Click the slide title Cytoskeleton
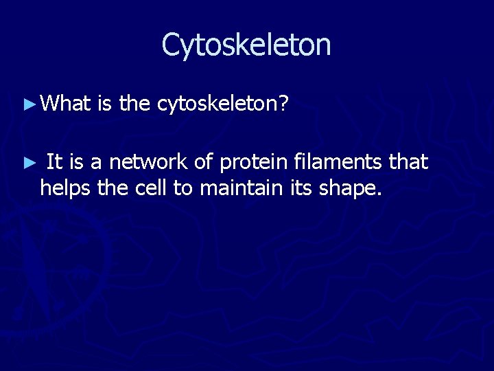point(246,45)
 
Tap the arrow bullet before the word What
point(28,104)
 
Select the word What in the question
point(66,104)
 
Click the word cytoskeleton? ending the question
point(224,104)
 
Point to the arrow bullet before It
point(28,164)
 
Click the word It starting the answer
point(55,162)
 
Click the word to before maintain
point(183,187)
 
